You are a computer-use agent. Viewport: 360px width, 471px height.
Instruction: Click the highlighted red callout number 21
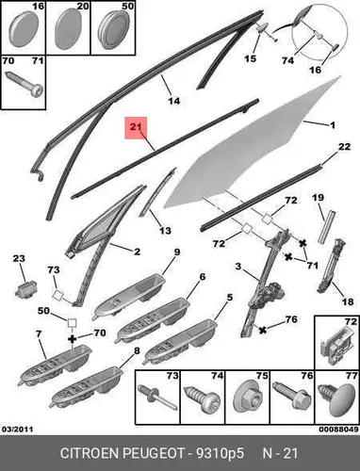pyautogui.click(x=136, y=127)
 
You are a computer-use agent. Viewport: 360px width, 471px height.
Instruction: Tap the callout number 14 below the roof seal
pyautogui.click(x=174, y=101)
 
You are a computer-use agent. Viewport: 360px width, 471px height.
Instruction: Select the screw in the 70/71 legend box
pyautogui.click(x=24, y=84)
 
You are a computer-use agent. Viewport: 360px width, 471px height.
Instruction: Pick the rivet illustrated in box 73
pyautogui.click(x=157, y=397)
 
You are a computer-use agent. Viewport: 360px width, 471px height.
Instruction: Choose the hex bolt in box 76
pyautogui.click(x=291, y=395)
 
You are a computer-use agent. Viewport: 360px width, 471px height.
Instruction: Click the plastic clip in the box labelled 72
pyautogui.click(x=336, y=344)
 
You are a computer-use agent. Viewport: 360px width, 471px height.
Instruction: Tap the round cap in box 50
pyautogui.click(x=113, y=28)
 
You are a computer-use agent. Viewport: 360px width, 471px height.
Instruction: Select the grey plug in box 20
pyautogui.click(x=68, y=29)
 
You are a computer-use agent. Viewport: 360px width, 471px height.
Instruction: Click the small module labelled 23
pyautogui.click(x=26, y=289)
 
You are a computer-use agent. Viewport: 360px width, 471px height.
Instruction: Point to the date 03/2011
pyautogui.click(x=18, y=429)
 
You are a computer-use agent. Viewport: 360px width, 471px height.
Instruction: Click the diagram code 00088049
pyautogui.click(x=338, y=429)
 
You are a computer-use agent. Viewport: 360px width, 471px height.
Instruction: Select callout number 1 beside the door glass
pyautogui.click(x=333, y=125)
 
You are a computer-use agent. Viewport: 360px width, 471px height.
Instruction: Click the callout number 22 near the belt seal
pyautogui.click(x=344, y=146)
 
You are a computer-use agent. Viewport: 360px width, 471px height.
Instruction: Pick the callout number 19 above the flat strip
pyautogui.click(x=318, y=198)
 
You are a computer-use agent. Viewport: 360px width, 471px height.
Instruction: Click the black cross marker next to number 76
pyautogui.click(x=263, y=330)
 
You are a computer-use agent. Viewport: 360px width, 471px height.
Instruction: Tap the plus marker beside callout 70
pyautogui.click(x=73, y=338)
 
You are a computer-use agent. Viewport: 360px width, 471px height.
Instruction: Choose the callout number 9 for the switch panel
pyautogui.click(x=177, y=252)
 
